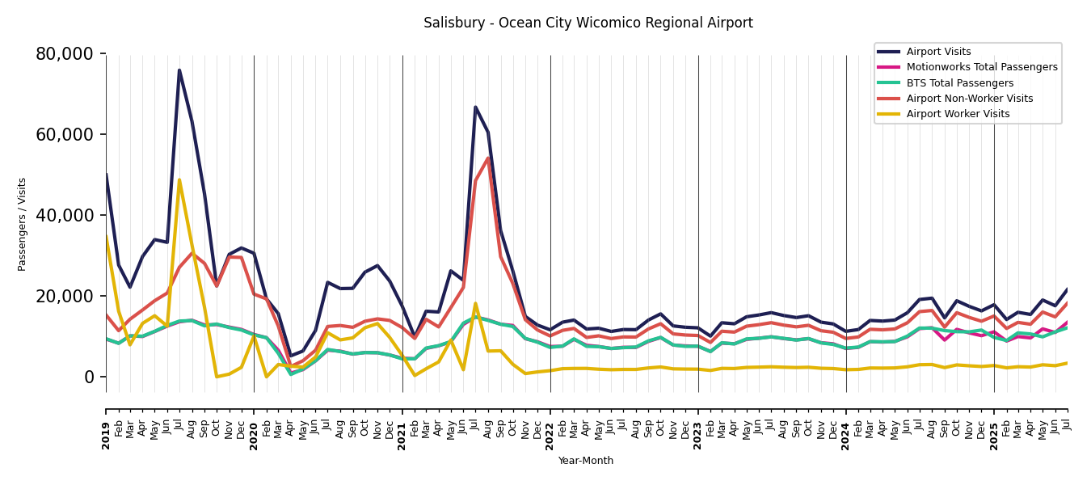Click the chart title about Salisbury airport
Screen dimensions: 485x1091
coord(588,23)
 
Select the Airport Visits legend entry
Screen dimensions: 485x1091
coord(938,52)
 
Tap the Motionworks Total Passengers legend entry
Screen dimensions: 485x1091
coord(981,67)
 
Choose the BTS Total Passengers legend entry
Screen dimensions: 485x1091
coord(959,83)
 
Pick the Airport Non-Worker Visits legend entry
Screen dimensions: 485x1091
coord(969,99)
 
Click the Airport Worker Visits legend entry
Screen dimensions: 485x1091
coord(958,114)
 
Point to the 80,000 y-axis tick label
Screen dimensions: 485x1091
coord(65,54)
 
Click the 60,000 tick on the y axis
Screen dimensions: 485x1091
coord(65,134)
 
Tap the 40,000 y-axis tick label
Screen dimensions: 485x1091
coord(65,215)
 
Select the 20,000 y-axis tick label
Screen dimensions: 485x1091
coord(65,296)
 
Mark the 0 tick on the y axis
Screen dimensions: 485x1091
coord(89,377)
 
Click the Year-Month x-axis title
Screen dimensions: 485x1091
coord(586,461)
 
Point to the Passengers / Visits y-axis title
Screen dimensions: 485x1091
coord(23,224)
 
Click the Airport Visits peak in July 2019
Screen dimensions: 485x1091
coord(179,70)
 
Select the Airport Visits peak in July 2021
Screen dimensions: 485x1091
coord(475,107)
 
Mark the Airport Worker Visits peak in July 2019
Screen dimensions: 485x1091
coord(179,180)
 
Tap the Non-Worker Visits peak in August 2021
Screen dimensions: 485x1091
coord(488,158)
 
